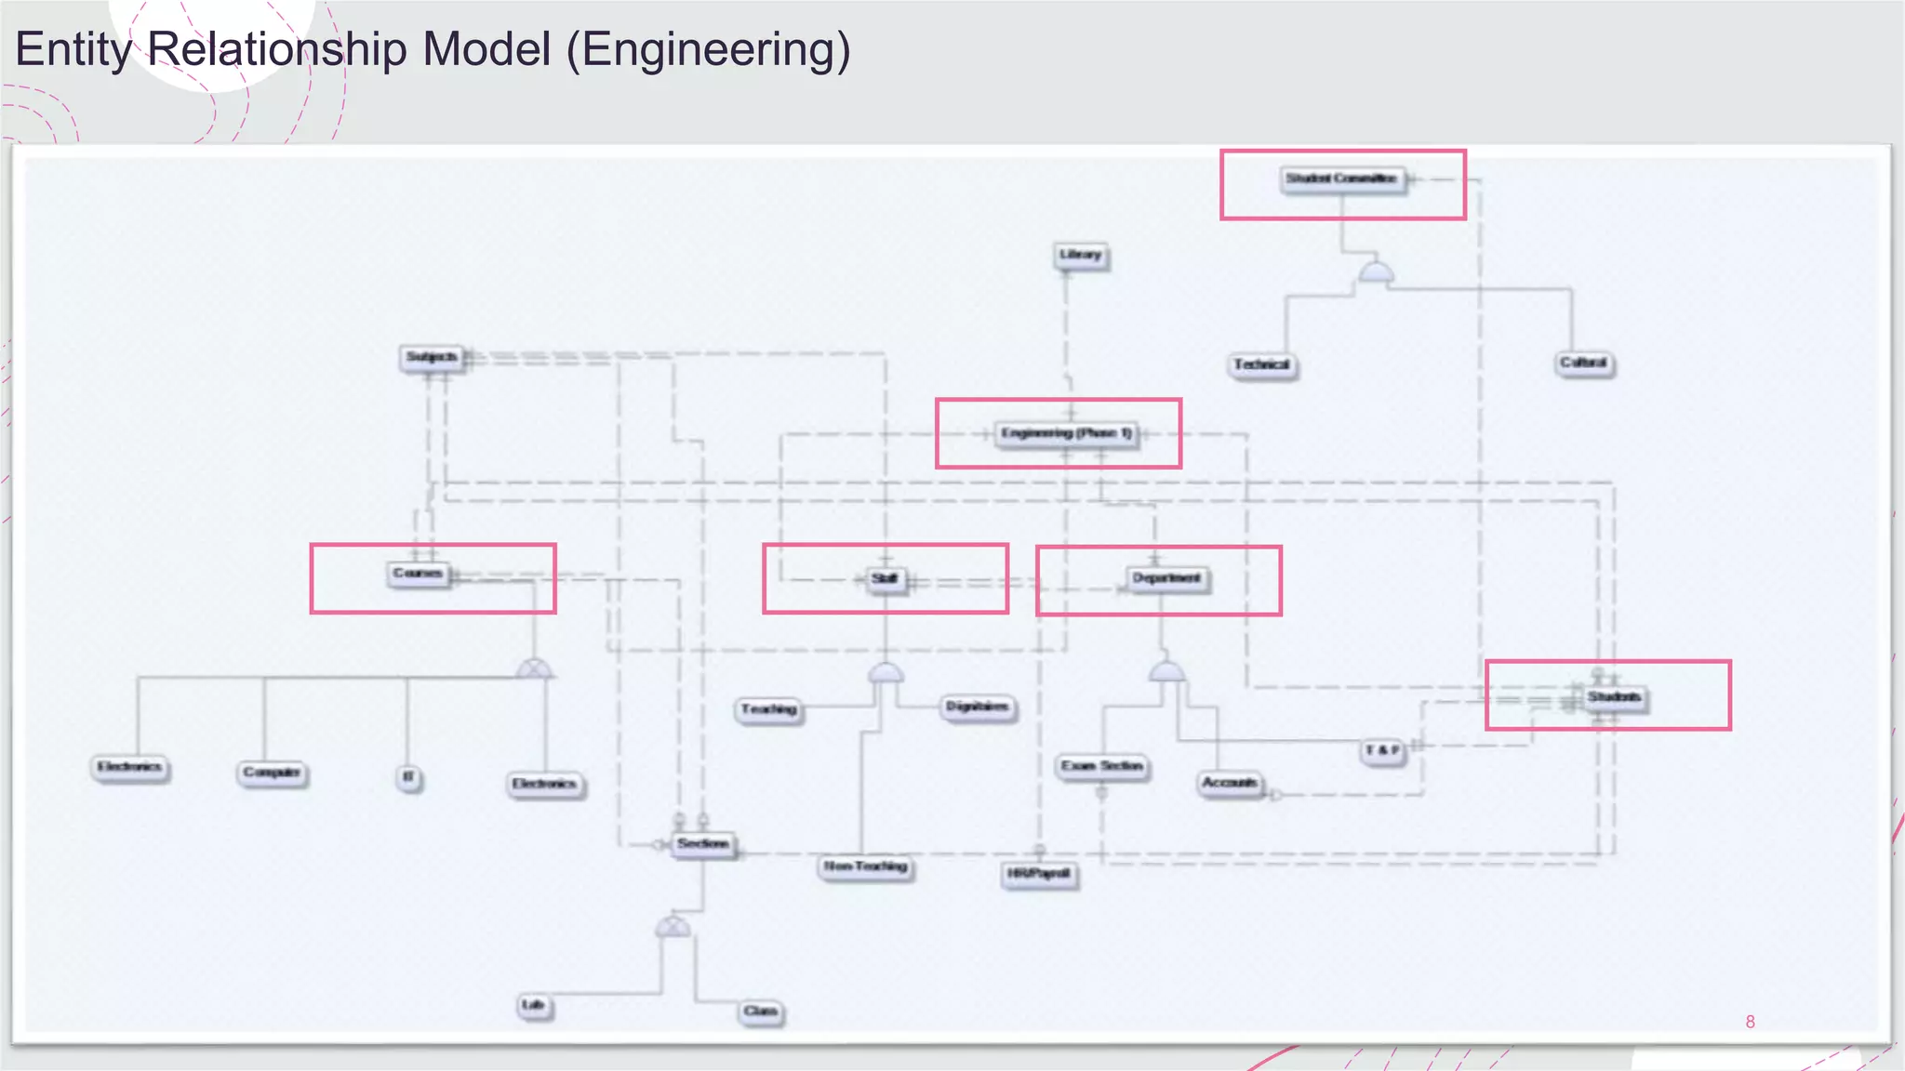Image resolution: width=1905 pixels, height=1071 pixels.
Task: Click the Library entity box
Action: [x=1081, y=255]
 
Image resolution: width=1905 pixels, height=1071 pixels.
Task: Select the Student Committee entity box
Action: [x=1341, y=178]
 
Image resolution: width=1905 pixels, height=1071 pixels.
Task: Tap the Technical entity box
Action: [x=1262, y=364]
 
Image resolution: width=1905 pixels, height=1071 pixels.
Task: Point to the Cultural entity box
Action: [x=1584, y=363]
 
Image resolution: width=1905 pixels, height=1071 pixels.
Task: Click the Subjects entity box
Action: [x=432, y=357]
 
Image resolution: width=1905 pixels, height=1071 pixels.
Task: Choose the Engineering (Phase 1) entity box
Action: [x=1066, y=433]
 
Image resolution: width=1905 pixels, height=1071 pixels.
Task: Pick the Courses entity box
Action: [x=418, y=574]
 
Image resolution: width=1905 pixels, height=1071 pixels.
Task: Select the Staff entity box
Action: [x=885, y=579]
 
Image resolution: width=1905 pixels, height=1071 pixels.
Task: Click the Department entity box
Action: [x=1166, y=578]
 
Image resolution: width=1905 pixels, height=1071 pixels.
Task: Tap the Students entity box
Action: [x=1614, y=697]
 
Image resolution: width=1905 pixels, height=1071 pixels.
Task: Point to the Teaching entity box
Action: [x=769, y=709]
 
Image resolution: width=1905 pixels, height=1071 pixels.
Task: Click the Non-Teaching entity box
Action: [x=866, y=866]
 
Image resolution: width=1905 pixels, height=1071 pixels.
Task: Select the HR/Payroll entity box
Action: [x=1039, y=874]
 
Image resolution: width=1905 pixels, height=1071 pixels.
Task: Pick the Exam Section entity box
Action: [x=1102, y=766]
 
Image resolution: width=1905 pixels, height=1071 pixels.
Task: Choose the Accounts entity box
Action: [x=1230, y=783]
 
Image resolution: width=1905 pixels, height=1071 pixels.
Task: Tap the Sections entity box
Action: [x=703, y=844]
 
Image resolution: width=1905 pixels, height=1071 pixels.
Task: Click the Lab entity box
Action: [x=534, y=1005]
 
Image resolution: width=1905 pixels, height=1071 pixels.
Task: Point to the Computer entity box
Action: [x=272, y=773]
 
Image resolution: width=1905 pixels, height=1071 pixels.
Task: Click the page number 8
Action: [x=1750, y=1022]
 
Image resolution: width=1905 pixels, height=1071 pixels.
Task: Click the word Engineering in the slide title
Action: [x=707, y=50]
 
